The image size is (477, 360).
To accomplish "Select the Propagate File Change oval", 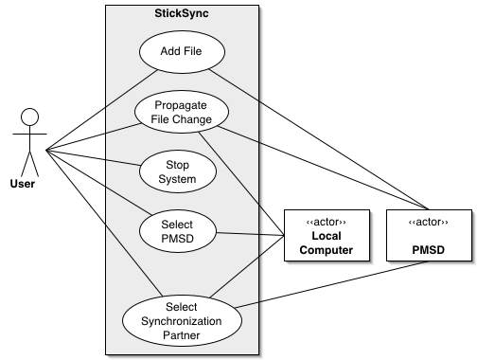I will click(x=178, y=111).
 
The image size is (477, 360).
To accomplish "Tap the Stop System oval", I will click(x=178, y=171).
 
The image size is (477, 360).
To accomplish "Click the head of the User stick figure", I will click(x=29, y=117).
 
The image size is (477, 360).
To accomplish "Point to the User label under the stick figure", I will click(x=28, y=184).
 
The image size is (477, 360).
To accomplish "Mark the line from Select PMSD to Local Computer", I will click(x=251, y=233).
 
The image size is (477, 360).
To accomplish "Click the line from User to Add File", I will click(x=95, y=105).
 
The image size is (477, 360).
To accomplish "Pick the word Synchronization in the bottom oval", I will click(x=183, y=319).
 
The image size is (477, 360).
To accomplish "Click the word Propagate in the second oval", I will click(x=178, y=104).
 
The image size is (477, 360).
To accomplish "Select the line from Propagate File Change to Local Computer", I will click(x=248, y=180).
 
